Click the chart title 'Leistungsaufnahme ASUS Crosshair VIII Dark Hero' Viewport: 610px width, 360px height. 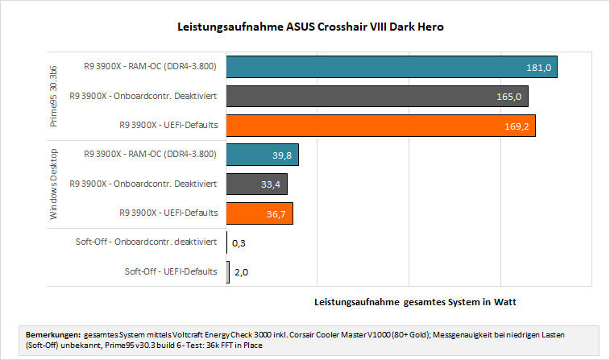point(310,27)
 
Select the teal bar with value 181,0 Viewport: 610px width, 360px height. point(392,67)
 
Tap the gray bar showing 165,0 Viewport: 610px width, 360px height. point(377,96)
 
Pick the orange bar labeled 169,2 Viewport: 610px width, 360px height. point(381,126)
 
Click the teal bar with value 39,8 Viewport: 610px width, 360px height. point(263,155)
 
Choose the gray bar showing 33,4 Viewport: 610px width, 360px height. point(257,184)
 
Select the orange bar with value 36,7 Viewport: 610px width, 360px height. point(259,213)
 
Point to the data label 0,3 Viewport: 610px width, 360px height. point(239,243)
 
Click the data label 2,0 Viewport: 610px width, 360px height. point(241,272)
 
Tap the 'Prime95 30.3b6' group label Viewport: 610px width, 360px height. point(53,97)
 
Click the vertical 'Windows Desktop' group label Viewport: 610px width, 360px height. point(53,184)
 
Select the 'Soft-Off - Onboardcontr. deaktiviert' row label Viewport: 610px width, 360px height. point(146,242)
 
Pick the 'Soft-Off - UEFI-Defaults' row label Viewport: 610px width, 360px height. point(171,271)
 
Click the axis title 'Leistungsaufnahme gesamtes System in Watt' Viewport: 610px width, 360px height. point(415,302)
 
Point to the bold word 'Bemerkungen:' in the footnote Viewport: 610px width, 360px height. point(53,335)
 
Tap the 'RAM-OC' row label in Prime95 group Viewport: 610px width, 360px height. point(150,66)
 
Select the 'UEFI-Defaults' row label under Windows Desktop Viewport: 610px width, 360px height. point(168,213)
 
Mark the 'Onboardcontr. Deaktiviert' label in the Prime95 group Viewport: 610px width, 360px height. point(143,96)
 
